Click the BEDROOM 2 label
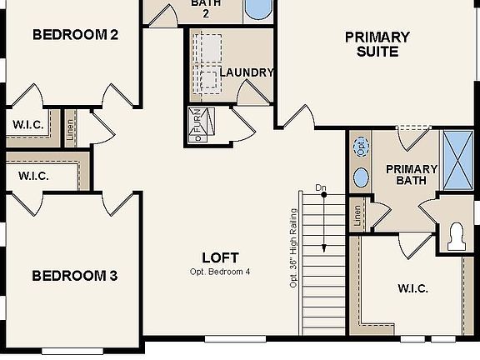click(x=74, y=35)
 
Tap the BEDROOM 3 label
click(x=74, y=276)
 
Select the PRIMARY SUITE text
click(x=377, y=44)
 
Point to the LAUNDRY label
click(x=247, y=72)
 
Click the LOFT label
click(x=221, y=257)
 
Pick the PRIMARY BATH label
click(x=406, y=174)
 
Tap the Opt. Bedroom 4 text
click(x=220, y=272)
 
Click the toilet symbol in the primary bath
click(x=457, y=236)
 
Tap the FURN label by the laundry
click(x=197, y=125)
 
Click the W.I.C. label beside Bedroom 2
click(x=27, y=125)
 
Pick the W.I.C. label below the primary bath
click(x=412, y=289)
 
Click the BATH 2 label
click(x=206, y=7)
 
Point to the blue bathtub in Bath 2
click(x=259, y=10)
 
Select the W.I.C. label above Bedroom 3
click(x=33, y=176)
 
